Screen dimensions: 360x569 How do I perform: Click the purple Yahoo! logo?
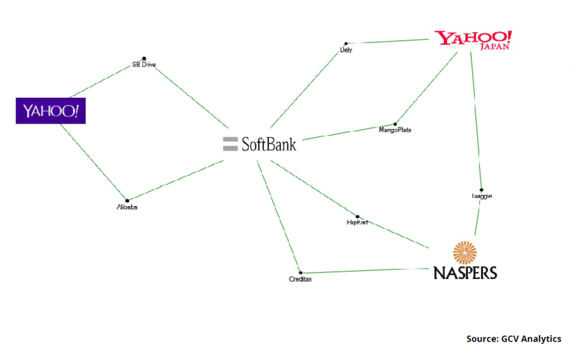pos(51,111)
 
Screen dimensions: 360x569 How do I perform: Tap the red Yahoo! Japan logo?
pos(473,40)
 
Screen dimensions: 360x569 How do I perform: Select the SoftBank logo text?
pos(269,144)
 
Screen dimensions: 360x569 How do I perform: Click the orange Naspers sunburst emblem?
pos(465,252)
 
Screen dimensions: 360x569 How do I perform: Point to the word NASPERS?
pos(465,272)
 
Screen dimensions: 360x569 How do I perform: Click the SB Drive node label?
pos(144,65)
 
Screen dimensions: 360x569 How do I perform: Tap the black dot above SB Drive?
pos(144,58)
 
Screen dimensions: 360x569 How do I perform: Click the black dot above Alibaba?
pos(127,201)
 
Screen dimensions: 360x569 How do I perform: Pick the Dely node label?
pos(346,50)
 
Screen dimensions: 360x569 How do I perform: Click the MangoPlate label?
pos(395,130)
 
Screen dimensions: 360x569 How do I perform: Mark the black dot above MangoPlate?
pos(395,124)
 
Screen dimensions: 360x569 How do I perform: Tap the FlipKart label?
pos(357,223)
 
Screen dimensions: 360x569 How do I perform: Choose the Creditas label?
pos(301,279)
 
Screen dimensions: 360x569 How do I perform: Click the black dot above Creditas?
pos(301,272)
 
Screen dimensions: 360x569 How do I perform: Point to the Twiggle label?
pos(481,196)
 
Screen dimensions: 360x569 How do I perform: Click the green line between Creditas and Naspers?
pos(367,271)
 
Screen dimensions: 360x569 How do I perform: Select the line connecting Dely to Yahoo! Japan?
pos(389,41)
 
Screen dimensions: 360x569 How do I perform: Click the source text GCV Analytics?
pos(513,339)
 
